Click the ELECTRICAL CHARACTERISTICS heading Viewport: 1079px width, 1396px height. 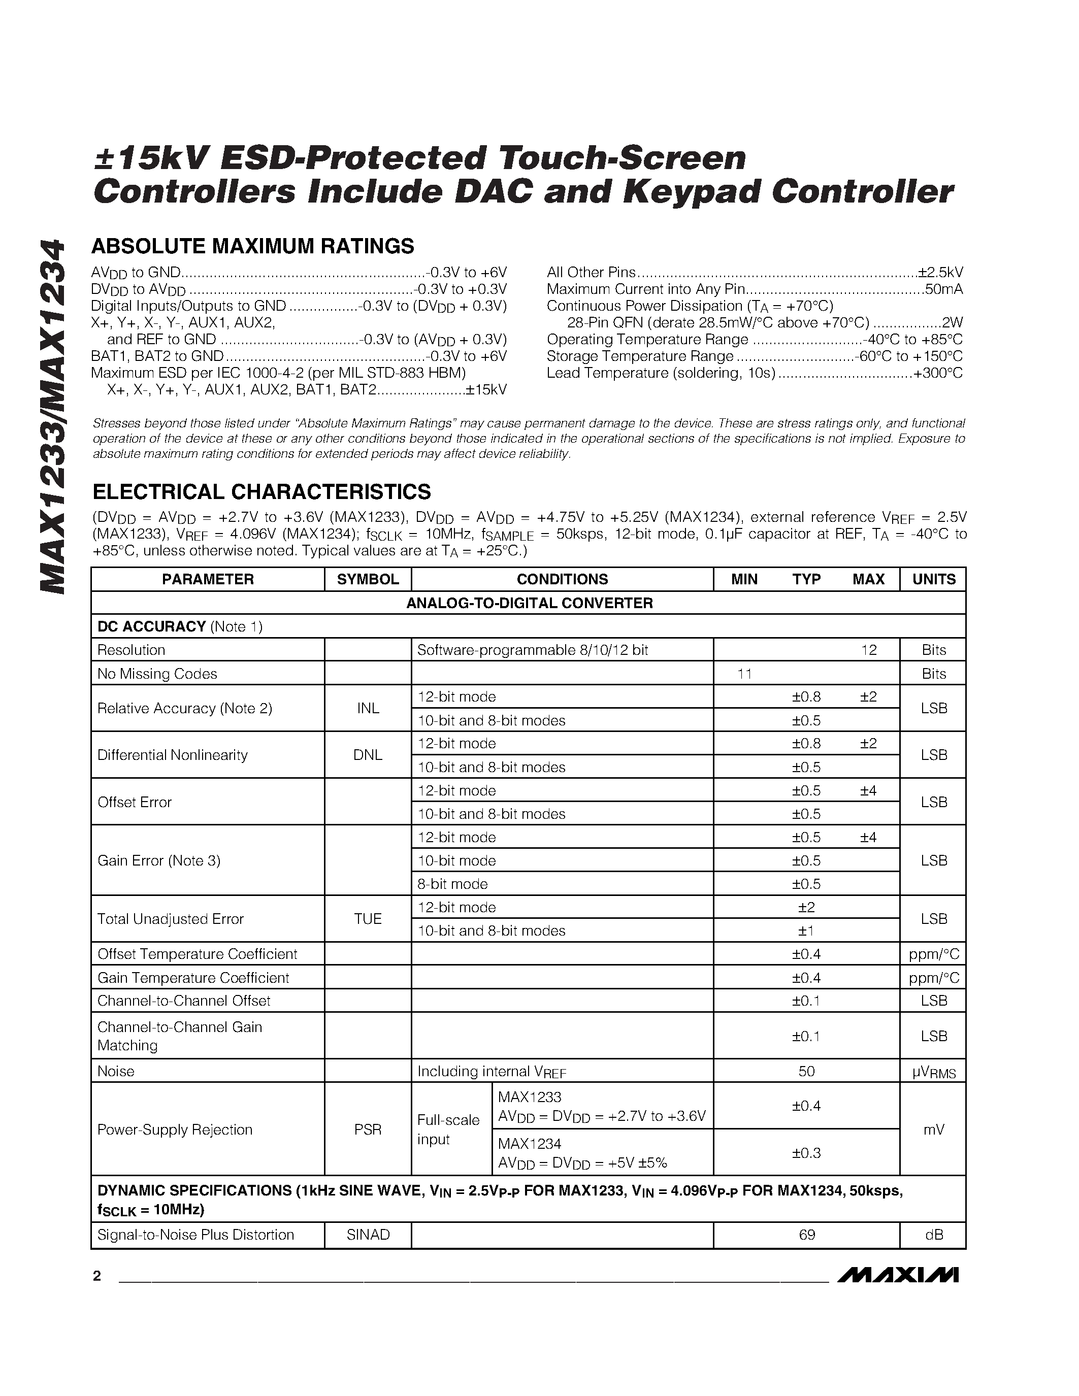pyautogui.click(x=261, y=491)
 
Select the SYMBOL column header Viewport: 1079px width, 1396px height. pyautogui.click(x=368, y=579)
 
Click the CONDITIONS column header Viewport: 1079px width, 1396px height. pyautogui.click(x=562, y=579)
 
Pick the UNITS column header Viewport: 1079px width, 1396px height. pyautogui.click(x=933, y=579)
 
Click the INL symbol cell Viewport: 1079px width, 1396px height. pyautogui.click(x=368, y=708)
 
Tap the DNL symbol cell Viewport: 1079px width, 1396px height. pyautogui.click(x=368, y=755)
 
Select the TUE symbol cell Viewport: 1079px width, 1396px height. pyautogui.click(x=368, y=918)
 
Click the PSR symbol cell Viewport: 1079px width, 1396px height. pyautogui.click(x=368, y=1129)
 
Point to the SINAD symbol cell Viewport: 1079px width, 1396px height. pyautogui.click(x=368, y=1234)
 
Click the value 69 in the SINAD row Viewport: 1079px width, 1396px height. pyautogui.click(x=807, y=1234)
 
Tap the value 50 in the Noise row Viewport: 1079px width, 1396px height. pyautogui.click(x=807, y=1071)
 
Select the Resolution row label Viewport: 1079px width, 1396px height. pyautogui.click(x=131, y=650)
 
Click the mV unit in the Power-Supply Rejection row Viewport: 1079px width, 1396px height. pyautogui.click(x=933, y=1129)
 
